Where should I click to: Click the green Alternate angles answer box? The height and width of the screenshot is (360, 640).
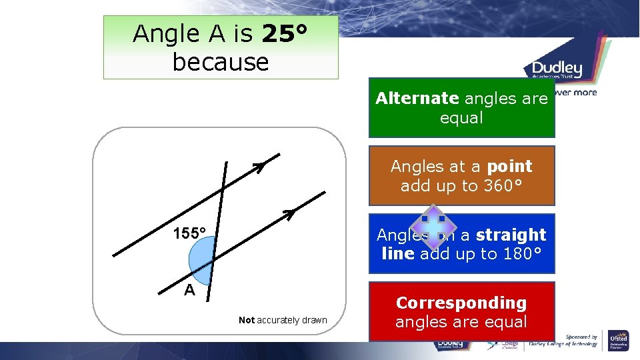click(x=461, y=108)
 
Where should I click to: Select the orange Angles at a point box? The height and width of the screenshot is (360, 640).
click(x=461, y=175)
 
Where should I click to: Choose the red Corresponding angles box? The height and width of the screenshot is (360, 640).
click(x=461, y=312)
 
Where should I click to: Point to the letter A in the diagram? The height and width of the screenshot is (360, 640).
click(x=190, y=290)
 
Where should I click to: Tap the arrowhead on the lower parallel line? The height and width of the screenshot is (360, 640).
click(x=288, y=214)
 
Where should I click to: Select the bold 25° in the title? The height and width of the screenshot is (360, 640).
click(x=285, y=33)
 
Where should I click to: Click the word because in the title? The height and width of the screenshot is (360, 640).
click(x=221, y=62)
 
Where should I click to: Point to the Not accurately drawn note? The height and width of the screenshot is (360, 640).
click(x=283, y=320)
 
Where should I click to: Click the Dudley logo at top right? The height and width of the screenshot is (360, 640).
click(x=557, y=69)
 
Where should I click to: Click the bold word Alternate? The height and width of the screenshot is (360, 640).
click(x=417, y=99)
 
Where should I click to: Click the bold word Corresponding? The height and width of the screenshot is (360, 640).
click(x=461, y=303)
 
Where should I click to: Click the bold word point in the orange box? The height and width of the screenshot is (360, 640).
click(x=510, y=166)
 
